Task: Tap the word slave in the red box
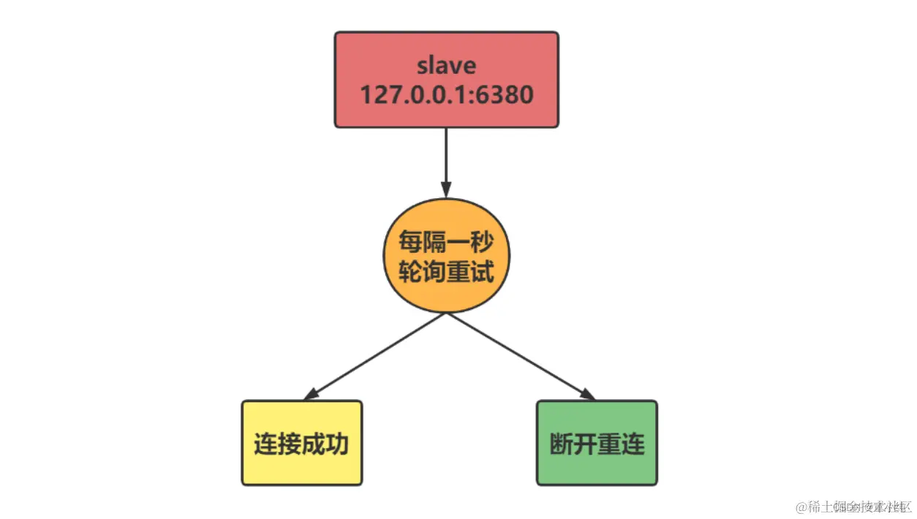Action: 446,66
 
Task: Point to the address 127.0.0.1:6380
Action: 446,94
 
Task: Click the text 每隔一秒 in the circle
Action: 446,240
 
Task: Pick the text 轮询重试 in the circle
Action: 446,272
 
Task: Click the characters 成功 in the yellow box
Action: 325,444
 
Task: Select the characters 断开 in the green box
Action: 573,444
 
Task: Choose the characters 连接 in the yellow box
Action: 277,444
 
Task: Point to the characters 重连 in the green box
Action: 621,444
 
